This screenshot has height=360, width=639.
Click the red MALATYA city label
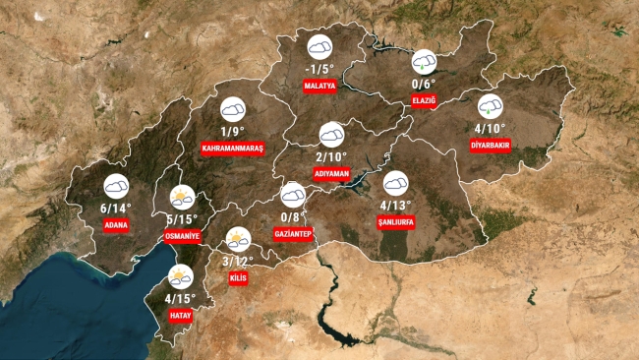click(x=320, y=87)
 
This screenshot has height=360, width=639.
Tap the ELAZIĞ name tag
click(x=425, y=100)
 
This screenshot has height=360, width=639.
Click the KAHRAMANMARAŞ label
click(x=233, y=148)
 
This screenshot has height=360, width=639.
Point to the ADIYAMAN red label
click(x=332, y=173)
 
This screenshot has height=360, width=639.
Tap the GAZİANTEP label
click(x=294, y=235)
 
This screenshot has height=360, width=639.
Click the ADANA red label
click(x=116, y=224)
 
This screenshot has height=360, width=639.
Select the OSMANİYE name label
click(x=183, y=237)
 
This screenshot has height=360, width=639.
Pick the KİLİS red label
click(x=237, y=279)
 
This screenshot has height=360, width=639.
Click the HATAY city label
click(x=181, y=316)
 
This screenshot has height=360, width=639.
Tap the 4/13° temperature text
click(x=396, y=205)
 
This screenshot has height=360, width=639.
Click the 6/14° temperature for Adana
click(x=116, y=208)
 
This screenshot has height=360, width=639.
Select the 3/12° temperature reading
click(x=238, y=262)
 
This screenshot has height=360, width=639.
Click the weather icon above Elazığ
click(x=424, y=61)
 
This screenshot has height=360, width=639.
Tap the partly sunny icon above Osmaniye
click(x=182, y=197)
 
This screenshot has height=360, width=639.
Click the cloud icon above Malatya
click(x=320, y=46)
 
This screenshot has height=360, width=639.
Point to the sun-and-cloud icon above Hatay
click(x=181, y=277)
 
